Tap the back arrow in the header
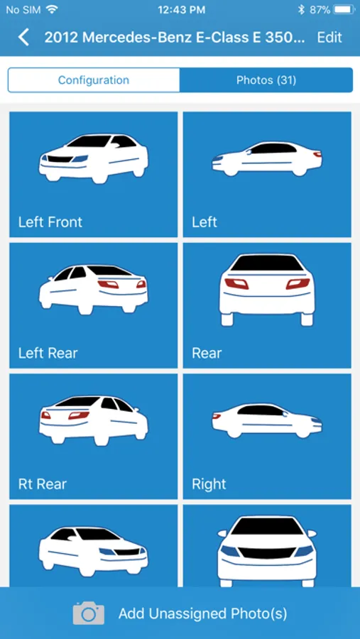(x=23, y=38)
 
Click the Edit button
(x=329, y=38)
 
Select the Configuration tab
(x=93, y=80)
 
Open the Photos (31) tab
(x=266, y=80)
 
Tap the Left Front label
(x=50, y=222)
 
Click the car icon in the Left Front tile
(x=93, y=158)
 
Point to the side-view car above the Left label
(x=267, y=159)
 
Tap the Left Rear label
(x=48, y=353)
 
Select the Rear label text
(x=207, y=353)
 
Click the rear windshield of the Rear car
(x=267, y=263)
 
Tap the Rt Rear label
(x=43, y=484)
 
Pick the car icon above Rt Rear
(x=93, y=420)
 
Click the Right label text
(x=209, y=484)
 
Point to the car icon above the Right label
(x=267, y=421)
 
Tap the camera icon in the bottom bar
(x=89, y=613)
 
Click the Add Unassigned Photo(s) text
(x=202, y=613)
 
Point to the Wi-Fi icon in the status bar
(x=52, y=10)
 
